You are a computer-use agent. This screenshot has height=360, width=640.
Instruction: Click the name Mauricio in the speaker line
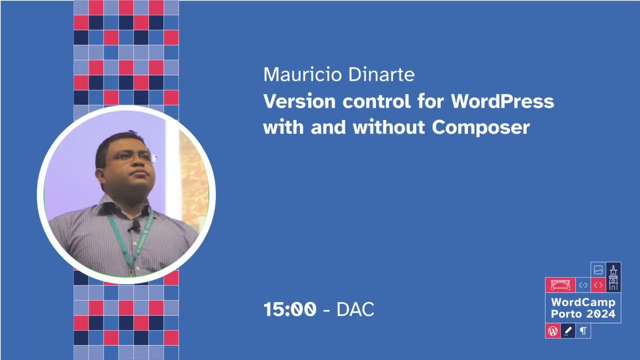pyautogui.click(x=297, y=74)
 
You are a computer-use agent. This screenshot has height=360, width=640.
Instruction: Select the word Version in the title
pyautogui.click(x=299, y=101)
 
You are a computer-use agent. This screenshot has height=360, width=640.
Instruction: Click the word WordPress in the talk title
pyautogui.click(x=502, y=101)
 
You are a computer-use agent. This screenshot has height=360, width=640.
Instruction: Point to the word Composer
pyautogui.click(x=480, y=127)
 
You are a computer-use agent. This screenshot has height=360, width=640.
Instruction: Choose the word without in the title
pyautogui.click(x=389, y=127)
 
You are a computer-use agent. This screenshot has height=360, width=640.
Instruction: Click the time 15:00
pyautogui.click(x=290, y=309)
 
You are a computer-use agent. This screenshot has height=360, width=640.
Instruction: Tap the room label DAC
pyautogui.click(x=355, y=309)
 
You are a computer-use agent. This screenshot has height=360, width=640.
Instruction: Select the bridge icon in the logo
pyautogui.click(x=560, y=285)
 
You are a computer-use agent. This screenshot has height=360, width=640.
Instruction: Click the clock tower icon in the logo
pyautogui.click(x=613, y=277)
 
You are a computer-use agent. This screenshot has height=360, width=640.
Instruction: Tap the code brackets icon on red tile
pyautogui.click(x=598, y=285)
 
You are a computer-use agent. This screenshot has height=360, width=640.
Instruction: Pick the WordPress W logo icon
pyautogui.click(x=552, y=331)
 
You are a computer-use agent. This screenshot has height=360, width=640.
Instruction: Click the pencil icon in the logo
pyautogui.click(x=567, y=331)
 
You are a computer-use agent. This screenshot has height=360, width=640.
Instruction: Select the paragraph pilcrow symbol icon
pyautogui.click(x=583, y=331)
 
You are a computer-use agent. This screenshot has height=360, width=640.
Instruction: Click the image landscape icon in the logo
pyautogui.click(x=598, y=270)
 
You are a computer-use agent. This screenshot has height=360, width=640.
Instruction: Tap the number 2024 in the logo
pyautogui.click(x=601, y=314)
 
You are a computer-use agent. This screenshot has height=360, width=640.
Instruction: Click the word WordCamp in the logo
pyautogui.click(x=583, y=302)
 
